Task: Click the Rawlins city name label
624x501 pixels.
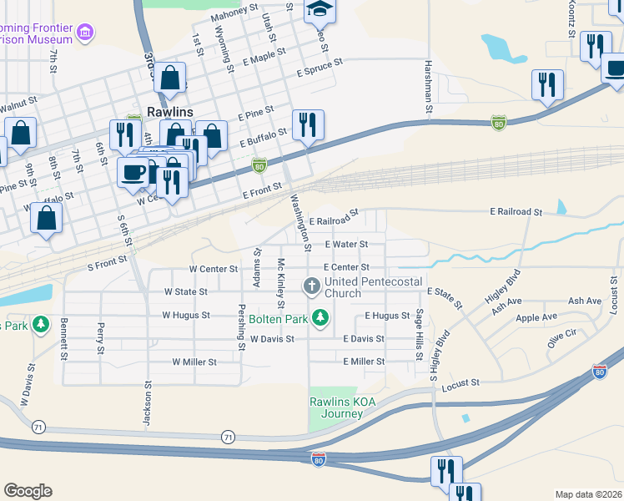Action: point(169,112)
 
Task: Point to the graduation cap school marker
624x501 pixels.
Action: point(318,9)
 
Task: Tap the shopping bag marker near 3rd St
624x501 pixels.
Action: point(169,78)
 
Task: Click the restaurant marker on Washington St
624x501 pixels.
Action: point(307,124)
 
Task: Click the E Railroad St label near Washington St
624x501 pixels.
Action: point(333,217)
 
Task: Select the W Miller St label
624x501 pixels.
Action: point(194,362)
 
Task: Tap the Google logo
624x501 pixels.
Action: point(28,491)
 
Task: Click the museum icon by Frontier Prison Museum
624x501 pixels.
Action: point(83,33)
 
